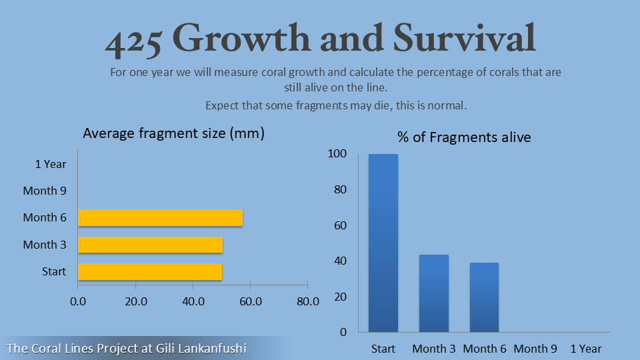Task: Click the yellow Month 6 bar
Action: (x=160, y=218)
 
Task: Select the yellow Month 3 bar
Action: (x=150, y=245)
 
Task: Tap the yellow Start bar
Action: (x=150, y=271)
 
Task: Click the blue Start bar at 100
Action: (x=383, y=243)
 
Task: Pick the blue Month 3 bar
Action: (x=433, y=293)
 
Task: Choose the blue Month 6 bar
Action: (x=484, y=297)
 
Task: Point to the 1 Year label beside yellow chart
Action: (x=51, y=163)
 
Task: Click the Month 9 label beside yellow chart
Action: (x=45, y=191)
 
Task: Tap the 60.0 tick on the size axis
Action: (x=250, y=301)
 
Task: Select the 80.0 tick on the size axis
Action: (x=307, y=301)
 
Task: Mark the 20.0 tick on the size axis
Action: (x=135, y=301)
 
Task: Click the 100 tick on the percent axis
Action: (x=337, y=154)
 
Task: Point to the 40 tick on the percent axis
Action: (x=340, y=261)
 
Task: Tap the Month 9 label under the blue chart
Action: (x=535, y=349)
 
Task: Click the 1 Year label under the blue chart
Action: (x=586, y=349)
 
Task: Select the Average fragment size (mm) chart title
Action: (x=173, y=133)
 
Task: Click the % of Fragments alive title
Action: (x=464, y=137)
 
